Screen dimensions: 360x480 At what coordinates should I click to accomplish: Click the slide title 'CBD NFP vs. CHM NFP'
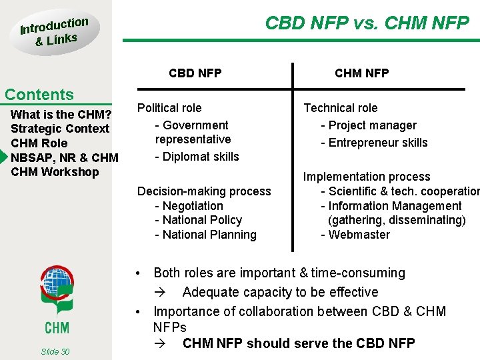[x=367, y=23]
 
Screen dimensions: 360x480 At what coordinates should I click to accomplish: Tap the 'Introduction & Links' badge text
[x=53, y=31]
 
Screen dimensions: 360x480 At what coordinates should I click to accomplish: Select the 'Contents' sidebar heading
[x=39, y=95]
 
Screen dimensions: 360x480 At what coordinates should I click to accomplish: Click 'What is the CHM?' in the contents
[x=60, y=114]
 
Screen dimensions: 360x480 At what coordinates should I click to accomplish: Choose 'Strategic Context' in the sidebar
[x=60, y=129]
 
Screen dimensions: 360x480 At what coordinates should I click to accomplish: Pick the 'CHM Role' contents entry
[x=39, y=143]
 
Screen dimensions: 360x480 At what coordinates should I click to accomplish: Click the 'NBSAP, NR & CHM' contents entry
[x=64, y=157]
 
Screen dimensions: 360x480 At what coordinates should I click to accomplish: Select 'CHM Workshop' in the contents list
[x=55, y=172]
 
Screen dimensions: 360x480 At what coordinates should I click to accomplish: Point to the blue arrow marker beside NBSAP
[x=3, y=157]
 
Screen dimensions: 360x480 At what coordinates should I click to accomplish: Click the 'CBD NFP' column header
[x=195, y=73]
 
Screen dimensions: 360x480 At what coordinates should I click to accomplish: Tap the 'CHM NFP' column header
[x=361, y=73]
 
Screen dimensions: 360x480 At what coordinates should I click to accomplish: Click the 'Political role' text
[x=169, y=108]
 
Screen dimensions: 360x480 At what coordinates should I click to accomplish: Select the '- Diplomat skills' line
[x=197, y=157]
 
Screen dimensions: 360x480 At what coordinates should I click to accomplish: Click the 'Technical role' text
[x=340, y=108]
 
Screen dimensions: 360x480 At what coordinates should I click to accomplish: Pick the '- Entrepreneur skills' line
[x=374, y=143]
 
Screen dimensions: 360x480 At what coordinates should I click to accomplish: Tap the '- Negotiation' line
[x=189, y=206]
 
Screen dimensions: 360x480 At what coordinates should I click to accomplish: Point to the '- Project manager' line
[x=368, y=125]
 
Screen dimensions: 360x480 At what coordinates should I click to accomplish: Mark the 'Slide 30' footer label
[x=55, y=351]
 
